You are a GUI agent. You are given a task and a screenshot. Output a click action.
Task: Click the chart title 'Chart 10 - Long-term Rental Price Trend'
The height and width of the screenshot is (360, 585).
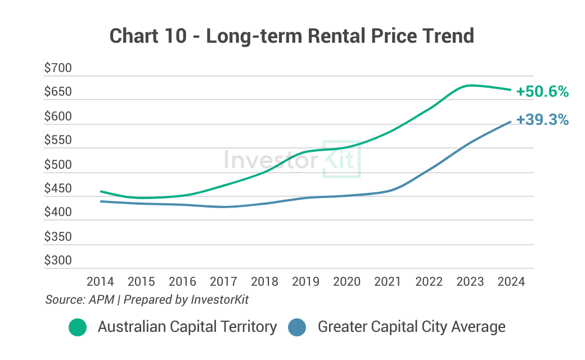click(292, 36)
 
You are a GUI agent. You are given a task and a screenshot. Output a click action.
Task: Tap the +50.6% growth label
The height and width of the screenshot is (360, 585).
click(543, 92)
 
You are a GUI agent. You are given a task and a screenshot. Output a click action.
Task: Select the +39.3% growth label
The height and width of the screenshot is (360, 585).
click(542, 120)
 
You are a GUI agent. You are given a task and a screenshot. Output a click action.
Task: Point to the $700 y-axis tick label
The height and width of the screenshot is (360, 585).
click(58, 69)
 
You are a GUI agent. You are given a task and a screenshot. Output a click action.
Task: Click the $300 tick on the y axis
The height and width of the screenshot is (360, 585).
click(58, 260)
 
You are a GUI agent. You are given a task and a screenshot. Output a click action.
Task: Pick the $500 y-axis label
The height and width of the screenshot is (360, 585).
click(58, 165)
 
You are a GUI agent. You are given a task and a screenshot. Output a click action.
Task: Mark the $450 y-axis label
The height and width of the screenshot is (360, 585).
click(58, 189)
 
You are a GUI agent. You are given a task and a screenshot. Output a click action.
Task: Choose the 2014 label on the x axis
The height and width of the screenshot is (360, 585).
click(100, 281)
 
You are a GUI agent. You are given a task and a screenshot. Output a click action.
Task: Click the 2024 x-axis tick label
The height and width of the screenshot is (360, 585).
click(511, 281)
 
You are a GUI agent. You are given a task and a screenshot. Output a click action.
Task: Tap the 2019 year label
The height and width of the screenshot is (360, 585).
click(305, 281)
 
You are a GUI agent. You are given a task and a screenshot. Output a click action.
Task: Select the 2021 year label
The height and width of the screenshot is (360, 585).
click(388, 281)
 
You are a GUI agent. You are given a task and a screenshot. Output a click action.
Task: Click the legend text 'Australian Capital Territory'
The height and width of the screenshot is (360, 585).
click(187, 327)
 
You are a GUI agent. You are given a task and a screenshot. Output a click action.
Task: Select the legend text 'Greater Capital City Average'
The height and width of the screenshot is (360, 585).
click(412, 327)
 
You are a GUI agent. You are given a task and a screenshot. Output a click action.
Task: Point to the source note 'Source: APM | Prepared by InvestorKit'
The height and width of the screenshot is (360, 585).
click(147, 300)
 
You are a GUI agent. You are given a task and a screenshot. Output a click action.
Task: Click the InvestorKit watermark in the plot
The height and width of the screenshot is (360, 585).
click(291, 160)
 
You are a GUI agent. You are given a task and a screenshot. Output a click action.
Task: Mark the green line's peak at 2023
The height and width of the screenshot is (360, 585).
click(471, 85)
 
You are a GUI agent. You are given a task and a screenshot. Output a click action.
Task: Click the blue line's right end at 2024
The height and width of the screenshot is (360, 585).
click(511, 121)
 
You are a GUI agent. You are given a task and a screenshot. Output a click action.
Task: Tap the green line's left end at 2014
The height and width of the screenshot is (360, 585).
click(101, 191)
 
